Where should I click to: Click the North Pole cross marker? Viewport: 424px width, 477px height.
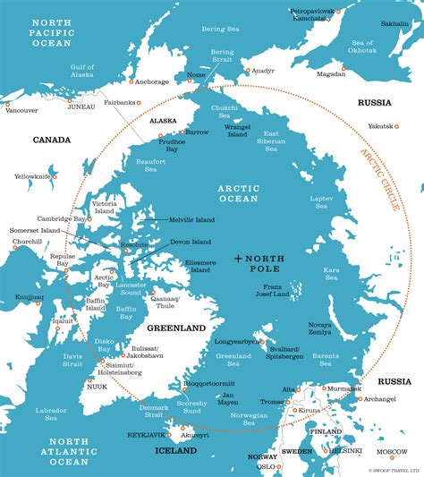[x=238, y=259]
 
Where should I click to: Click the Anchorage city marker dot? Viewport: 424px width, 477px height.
[x=131, y=82]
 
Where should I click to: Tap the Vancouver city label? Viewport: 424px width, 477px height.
[x=21, y=111]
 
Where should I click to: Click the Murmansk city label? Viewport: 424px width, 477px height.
[x=342, y=389]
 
